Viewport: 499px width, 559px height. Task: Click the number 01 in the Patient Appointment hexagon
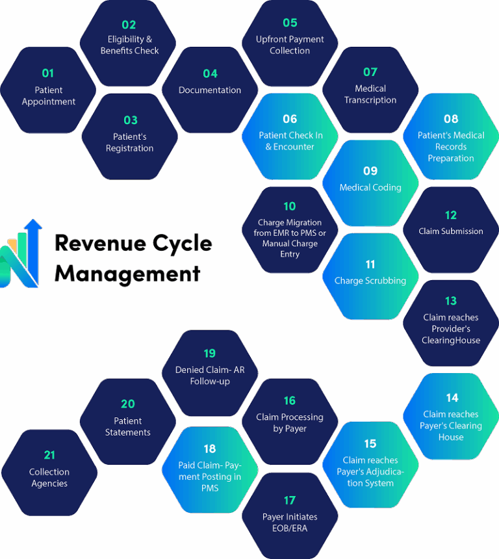point(48,73)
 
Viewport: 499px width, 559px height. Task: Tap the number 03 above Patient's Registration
point(131,120)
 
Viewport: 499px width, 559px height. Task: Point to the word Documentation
point(210,90)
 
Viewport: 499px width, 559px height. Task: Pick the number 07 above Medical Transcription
point(370,72)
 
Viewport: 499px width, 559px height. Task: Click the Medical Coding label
point(370,188)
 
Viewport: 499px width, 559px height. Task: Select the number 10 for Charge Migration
point(290,207)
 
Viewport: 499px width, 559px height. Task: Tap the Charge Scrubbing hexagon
point(370,276)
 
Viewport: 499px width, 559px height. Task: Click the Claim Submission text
point(451,231)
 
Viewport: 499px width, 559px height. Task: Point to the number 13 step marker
point(451,301)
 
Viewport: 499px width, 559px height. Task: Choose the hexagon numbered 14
point(451,416)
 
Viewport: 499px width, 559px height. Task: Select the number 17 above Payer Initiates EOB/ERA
point(290,500)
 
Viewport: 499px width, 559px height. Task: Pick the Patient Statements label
point(128,426)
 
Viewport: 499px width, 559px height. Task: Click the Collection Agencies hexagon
point(49,473)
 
